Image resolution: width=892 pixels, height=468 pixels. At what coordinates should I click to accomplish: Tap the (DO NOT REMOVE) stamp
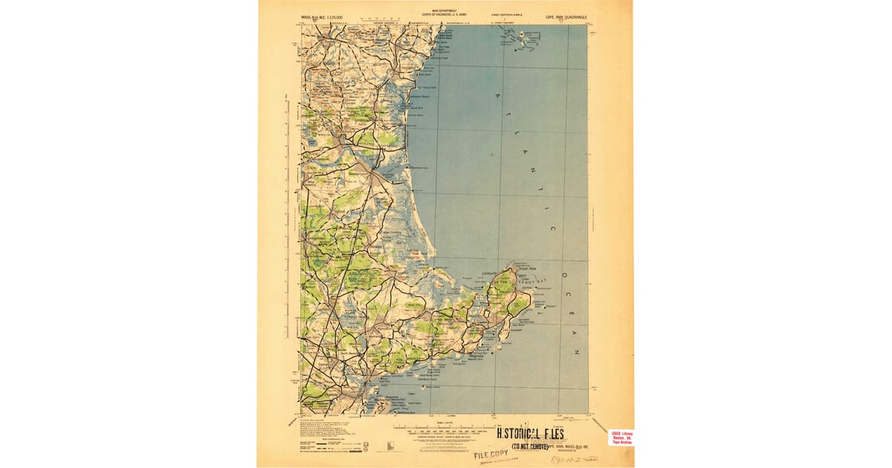529,446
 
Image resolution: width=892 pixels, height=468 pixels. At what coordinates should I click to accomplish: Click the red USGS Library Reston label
621,437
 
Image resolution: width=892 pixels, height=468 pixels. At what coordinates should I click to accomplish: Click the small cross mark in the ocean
491,155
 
